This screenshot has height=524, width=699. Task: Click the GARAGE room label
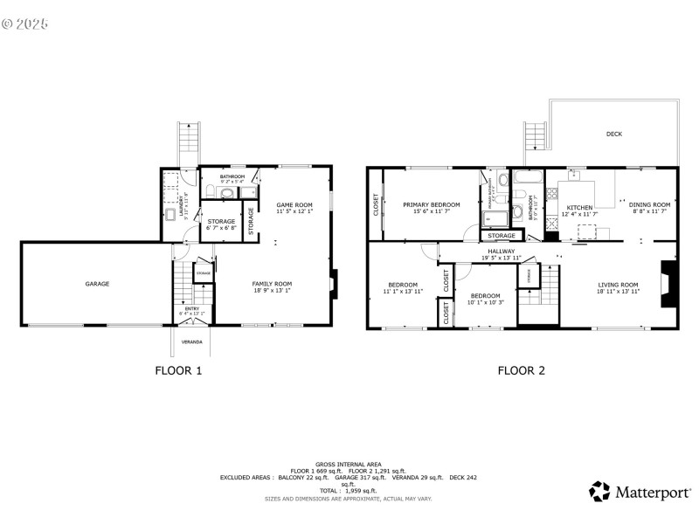(97, 284)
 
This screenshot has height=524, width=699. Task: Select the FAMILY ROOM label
(272, 284)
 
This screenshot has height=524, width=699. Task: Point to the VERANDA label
(191, 341)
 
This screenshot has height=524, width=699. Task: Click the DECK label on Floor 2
(614, 134)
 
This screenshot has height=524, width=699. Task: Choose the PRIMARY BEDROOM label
(431, 204)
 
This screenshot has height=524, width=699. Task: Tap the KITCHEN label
(580, 208)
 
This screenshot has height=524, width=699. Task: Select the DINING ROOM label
(649, 204)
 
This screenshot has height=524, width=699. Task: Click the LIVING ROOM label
(618, 285)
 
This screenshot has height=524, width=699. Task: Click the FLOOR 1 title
(178, 370)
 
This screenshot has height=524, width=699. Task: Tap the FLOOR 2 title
(522, 370)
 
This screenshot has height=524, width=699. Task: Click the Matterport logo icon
(599, 492)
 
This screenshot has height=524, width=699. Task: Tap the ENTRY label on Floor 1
(191, 308)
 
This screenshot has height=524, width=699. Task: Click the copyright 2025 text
(25, 24)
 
